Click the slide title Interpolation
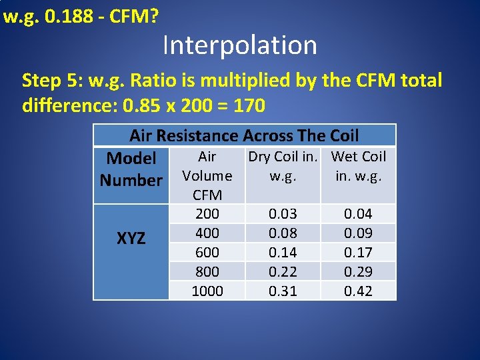239,45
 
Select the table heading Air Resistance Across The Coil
244,136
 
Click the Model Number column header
131,169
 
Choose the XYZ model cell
131,239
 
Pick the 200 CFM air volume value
207,214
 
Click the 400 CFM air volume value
207,233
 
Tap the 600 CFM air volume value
207,253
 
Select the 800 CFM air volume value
207,272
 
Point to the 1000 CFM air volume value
207,291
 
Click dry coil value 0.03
283,214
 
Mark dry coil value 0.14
283,253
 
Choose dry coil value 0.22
283,272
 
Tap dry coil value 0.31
283,291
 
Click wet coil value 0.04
358,214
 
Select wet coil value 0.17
358,253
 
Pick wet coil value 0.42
358,291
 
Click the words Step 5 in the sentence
47,81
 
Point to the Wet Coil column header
359,166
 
